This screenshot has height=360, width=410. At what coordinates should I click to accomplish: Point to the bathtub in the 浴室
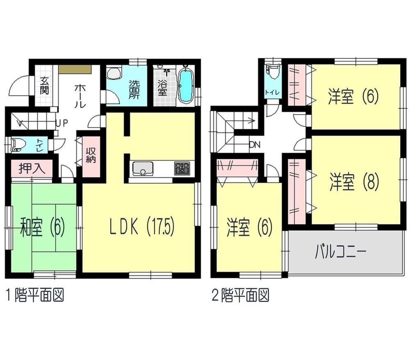click(x=186, y=86)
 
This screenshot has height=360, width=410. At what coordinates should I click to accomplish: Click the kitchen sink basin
click(x=142, y=169)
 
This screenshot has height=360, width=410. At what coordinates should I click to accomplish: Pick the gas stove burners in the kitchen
click(x=182, y=168)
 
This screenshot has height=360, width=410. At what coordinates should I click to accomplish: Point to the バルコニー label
click(x=340, y=251)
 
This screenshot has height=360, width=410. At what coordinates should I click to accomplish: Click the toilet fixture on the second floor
click(x=273, y=73)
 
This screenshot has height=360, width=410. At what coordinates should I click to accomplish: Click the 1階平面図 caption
click(x=35, y=295)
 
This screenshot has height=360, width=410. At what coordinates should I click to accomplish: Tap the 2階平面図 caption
click(x=241, y=295)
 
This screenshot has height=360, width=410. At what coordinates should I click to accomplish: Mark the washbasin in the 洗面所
click(x=113, y=73)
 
